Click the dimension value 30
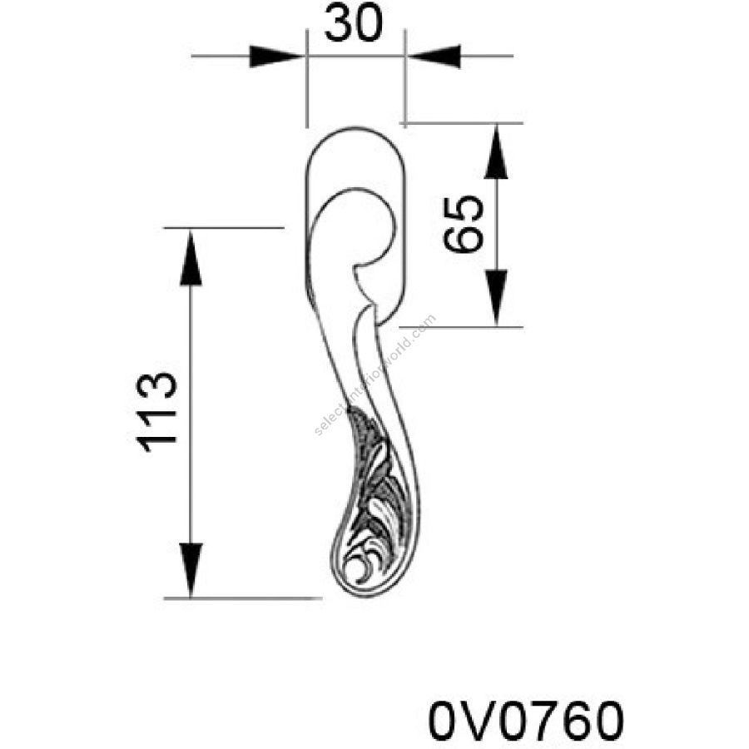click(354, 23)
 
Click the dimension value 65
click(463, 224)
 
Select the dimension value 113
click(156, 412)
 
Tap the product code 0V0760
click(526, 721)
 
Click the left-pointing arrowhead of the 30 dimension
click(434, 57)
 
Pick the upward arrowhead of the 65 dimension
click(496, 152)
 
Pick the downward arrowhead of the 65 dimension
click(496, 297)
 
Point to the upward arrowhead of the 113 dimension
click(191, 258)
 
